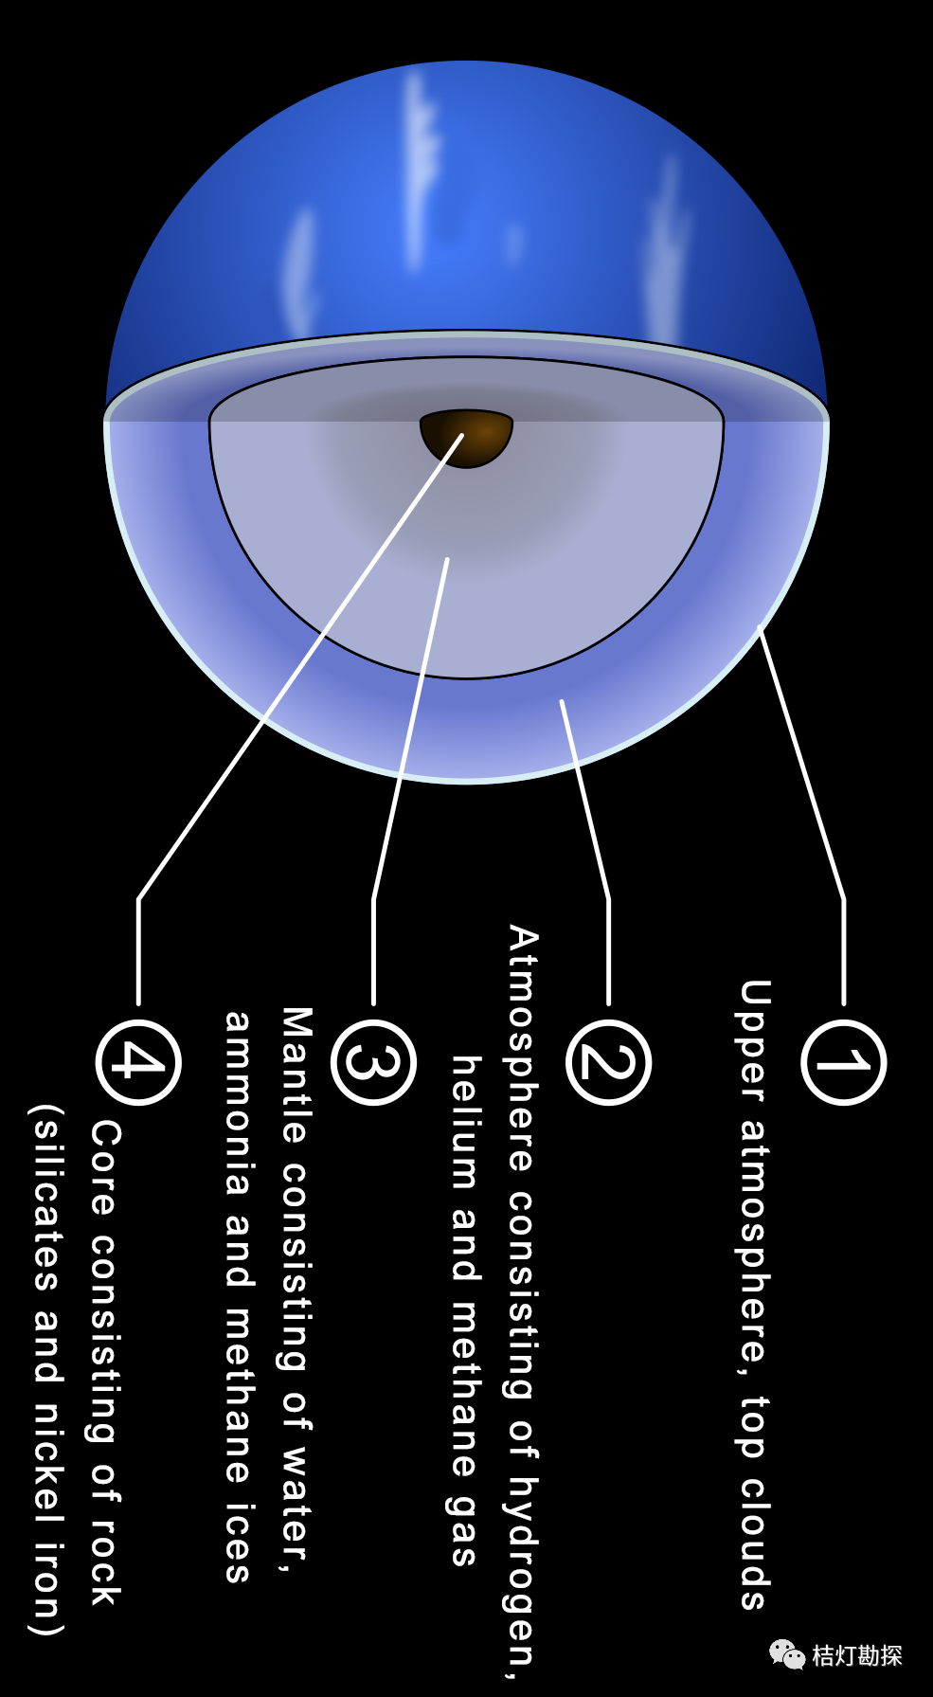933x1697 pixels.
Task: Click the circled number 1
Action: (843, 1062)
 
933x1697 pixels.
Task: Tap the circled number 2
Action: (608, 1062)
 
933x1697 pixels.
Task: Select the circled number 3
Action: (373, 1062)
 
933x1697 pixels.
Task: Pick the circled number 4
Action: (138, 1062)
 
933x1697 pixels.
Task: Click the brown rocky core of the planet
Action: (466, 436)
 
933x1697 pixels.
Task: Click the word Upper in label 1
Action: (754, 1040)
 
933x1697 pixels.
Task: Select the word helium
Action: (464, 1122)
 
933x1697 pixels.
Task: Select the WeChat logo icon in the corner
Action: (787, 1654)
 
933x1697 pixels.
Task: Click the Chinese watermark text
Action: (857, 1655)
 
